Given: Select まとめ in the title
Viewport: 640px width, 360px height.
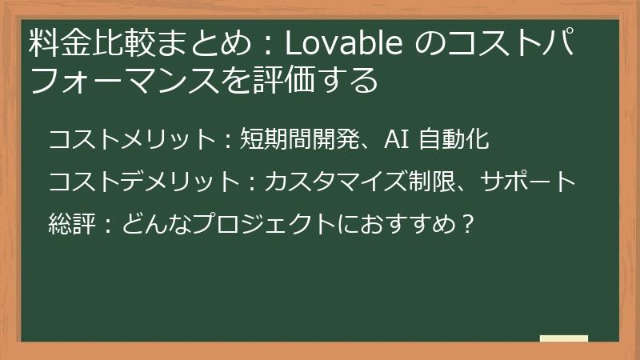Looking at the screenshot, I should (x=198, y=46).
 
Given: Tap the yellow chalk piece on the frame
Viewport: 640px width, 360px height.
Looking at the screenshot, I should (x=563, y=338).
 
